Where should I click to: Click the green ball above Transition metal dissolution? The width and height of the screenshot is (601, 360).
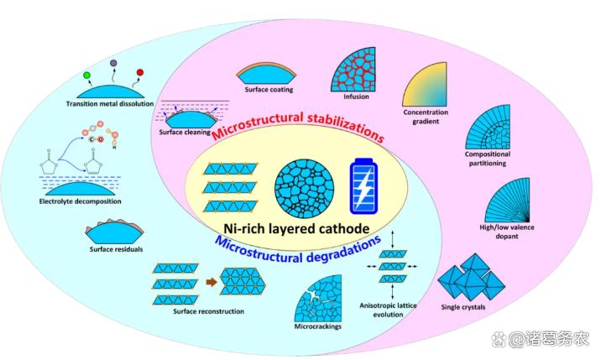86,77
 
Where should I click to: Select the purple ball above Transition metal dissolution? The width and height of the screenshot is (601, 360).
113,64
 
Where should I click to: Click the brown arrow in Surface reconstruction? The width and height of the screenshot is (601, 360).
208,282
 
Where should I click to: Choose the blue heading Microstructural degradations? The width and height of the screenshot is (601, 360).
298,248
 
